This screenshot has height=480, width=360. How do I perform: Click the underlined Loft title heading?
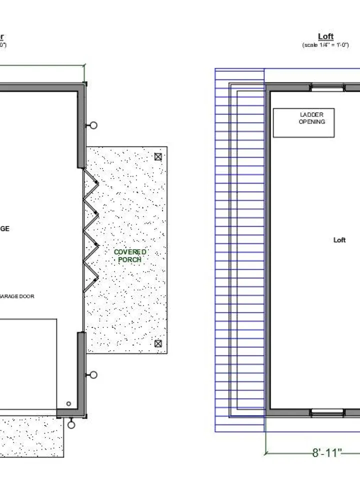(x=325, y=36)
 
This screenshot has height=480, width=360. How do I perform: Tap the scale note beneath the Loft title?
(x=325, y=45)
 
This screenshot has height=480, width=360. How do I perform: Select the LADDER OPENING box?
(x=303, y=122)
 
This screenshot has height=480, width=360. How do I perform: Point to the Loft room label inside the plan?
(x=339, y=240)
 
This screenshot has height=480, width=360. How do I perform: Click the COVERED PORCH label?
(x=130, y=256)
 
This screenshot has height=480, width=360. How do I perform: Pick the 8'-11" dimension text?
(x=327, y=453)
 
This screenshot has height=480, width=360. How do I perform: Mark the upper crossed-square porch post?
(x=158, y=156)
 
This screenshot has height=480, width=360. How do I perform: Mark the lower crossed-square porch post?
(x=158, y=343)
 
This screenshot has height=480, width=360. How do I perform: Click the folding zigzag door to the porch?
(x=90, y=230)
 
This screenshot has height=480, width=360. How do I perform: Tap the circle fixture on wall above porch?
(x=93, y=125)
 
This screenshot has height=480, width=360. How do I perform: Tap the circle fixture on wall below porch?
(x=93, y=375)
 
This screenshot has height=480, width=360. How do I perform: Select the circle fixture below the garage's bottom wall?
(x=71, y=425)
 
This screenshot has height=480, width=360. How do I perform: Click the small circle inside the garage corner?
(x=68, y=404)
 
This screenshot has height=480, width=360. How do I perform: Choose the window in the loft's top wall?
(x=327, y=87)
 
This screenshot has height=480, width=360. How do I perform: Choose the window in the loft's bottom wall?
(x=327, y=412)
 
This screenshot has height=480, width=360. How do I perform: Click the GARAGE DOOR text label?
(x=17, y=296)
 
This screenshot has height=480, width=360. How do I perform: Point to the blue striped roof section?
(x=239, y=250)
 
